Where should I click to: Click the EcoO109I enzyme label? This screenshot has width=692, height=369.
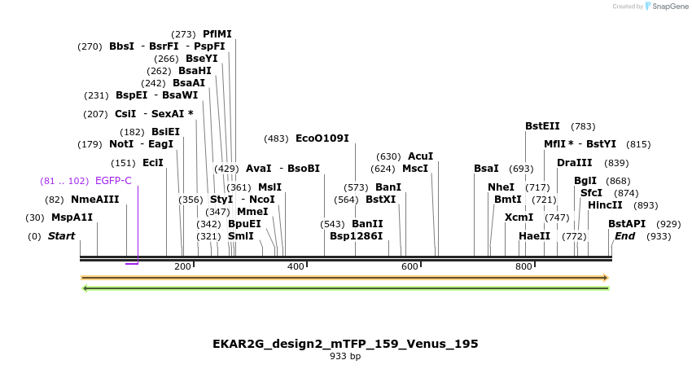tap(322, 138)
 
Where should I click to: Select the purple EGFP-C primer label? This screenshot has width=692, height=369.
tap(113, 181)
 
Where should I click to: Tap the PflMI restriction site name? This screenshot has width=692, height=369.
tap(217, 34)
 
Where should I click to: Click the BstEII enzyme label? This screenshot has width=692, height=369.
tap(542, 126)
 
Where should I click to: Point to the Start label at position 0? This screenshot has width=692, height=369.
tap(61, 236)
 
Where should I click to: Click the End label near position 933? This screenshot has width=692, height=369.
tap(625, 236)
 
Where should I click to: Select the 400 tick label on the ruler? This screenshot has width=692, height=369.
tap(296, 266)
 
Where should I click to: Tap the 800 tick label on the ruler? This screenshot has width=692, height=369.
tap(523, 266)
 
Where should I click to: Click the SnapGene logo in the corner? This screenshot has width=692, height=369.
tap(667, 7)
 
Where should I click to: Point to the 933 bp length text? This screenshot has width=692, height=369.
tap(345, 356)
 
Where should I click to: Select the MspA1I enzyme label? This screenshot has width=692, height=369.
tap(72, 217)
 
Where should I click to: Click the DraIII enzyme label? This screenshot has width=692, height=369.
tap(575, 163)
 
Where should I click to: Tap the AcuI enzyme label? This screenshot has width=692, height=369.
tap(420, 156)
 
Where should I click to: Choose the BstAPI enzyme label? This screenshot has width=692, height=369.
tap(627, 224)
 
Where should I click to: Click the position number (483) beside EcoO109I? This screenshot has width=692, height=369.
tap(276, 138)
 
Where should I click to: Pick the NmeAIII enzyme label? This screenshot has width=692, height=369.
tap(94, 200)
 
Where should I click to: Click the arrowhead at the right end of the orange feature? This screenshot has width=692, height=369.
tap(605, 278)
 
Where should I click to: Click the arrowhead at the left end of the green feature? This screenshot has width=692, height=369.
tap(85, 287)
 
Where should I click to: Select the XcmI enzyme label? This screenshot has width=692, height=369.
tap(519, 217)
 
